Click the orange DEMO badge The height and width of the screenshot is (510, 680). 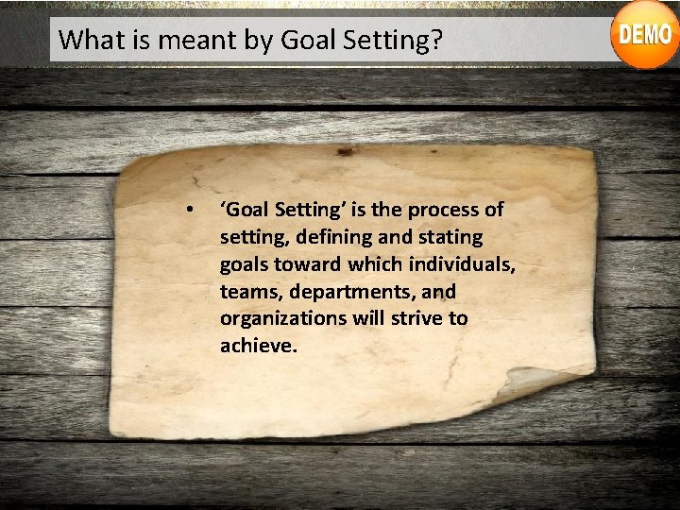644,36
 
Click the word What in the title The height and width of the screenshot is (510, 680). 86,40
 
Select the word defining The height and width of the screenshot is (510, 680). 318,236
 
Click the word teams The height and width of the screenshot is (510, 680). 248,291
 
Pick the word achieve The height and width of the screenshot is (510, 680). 258,346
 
